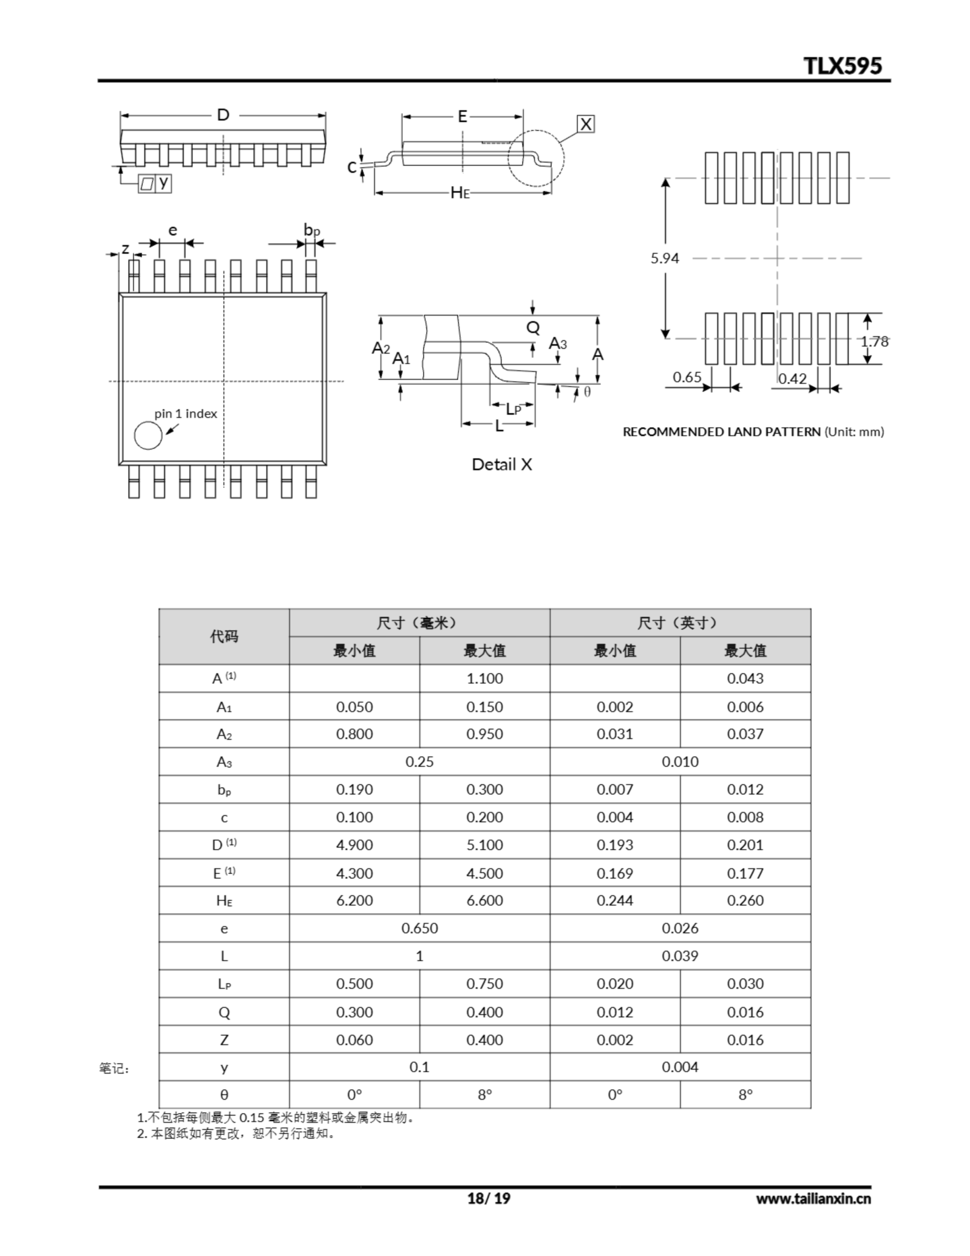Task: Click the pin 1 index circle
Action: coord(148,435)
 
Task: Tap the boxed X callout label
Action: coord(586,124)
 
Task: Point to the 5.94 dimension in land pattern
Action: coord(664,258)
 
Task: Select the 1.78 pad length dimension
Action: coord(874,341)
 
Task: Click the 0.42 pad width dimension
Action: coord(792,378)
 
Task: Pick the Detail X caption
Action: coord(501,465)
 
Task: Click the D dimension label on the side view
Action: coord(223,115)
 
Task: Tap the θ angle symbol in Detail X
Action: coord(587,392)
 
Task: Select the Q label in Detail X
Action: coord(533,328)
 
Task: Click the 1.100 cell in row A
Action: coord(484,679)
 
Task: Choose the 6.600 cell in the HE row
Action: coord(484,901)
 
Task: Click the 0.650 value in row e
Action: coord(419,928)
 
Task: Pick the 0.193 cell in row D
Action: coord(614,845)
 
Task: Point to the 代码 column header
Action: coord(224,637)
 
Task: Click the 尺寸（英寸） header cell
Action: coord(680,623)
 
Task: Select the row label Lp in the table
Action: coord(224,984)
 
